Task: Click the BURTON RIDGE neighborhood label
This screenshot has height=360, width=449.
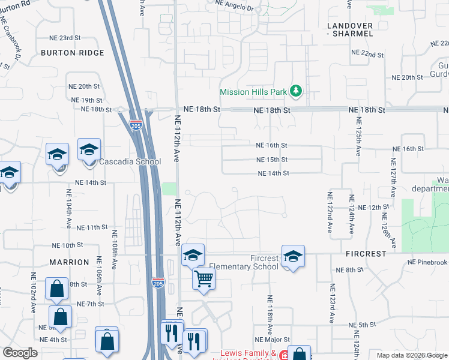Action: pos(73,53)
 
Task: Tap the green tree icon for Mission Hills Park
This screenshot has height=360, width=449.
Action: pos(295,92)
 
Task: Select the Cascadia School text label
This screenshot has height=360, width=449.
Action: pos(130,162)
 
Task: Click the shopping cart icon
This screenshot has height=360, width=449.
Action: pos(203,278)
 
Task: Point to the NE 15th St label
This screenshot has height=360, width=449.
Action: pos(272,160)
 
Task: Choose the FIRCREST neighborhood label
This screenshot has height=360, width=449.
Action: pos(366,254)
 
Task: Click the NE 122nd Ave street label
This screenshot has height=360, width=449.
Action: pos(330,212)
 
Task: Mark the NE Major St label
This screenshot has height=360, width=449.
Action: pos(273,340)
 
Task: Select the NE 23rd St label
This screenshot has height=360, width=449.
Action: pos(65,38)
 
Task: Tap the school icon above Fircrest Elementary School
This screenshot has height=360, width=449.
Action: pos(292,256)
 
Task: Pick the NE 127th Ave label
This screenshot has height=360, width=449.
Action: pos(393,178)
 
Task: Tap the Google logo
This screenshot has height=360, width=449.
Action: pos(20,353)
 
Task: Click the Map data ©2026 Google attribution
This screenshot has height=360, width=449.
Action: pos(412,355)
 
